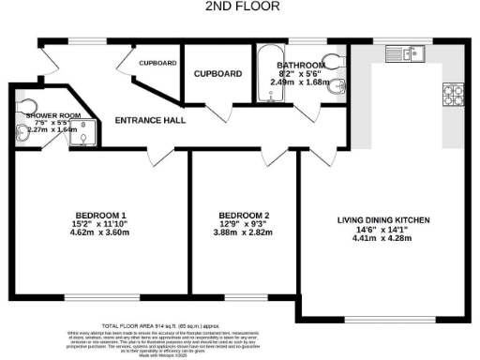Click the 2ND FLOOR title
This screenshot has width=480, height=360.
239,7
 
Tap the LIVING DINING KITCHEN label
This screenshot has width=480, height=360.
382,220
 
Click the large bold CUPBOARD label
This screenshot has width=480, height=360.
217,73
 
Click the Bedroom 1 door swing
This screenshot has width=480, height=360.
161,154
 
